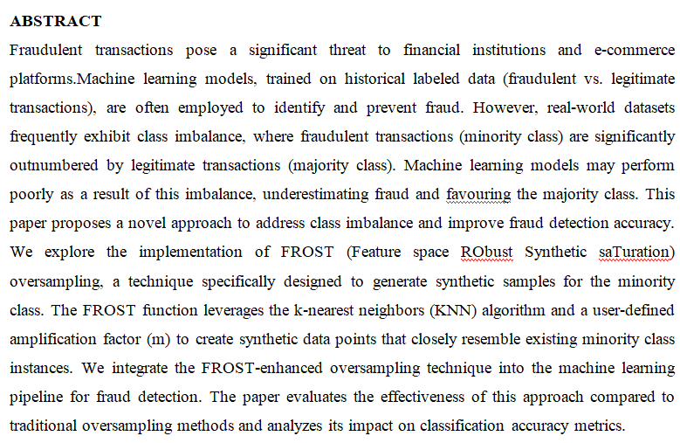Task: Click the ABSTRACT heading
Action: coord(56,21)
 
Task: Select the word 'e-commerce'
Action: coord(633,50)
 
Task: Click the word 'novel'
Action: coord(155,223)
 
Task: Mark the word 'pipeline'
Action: coord(38,396)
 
